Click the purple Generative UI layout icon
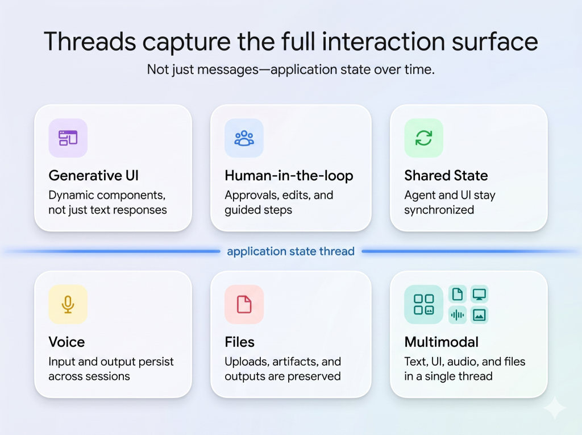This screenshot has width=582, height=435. click(68, 138)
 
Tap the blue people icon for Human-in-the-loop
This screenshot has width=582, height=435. click(244, 138)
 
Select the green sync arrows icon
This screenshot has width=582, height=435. click(423, 138)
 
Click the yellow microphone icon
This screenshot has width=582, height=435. click(68, 304)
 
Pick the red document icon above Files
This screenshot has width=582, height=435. click(244, 304)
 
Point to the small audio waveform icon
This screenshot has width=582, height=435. click(458, 315)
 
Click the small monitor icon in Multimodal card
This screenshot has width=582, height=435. click(479, 295)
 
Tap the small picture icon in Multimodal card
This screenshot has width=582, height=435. click(479, 315)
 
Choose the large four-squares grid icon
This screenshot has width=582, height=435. click(423, 304)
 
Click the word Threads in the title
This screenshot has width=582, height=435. click(90, 42)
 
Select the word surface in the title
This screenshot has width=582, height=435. click(495, 42)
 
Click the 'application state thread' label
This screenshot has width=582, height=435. click(290, 251)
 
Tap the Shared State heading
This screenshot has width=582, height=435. click(446, 175)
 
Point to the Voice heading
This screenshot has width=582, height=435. click(66, 342)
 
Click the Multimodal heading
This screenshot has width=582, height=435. click(441, 342)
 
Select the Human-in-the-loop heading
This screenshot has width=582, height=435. click(289, 176)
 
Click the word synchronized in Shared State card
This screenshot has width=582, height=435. click(439, 210)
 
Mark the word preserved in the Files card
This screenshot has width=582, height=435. click(314, 376)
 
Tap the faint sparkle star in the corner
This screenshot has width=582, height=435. click(555, 408)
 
